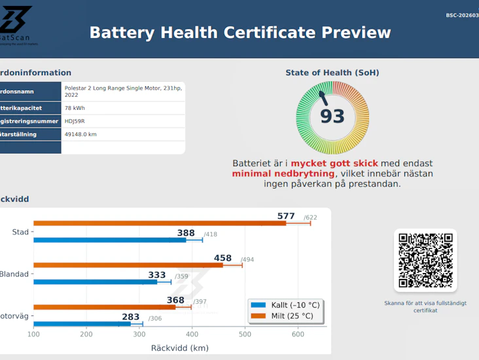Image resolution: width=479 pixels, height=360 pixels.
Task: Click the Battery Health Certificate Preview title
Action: tap(239, 33)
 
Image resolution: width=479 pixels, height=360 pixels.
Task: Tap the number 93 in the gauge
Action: tap(332, 117)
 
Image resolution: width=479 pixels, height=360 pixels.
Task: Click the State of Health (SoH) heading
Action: tap(332, 73)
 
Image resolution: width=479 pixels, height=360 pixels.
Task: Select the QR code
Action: tap(425, 261)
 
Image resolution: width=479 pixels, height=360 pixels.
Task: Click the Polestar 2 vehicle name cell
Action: tap(122, 90)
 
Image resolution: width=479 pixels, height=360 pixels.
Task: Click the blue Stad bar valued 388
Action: tap(109, 240)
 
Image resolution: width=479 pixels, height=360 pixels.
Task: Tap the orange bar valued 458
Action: tap(128, 265)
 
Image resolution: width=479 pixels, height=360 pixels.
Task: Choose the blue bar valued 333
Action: tap(95, 282)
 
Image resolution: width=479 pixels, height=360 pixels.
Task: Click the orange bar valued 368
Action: tap(104, 307)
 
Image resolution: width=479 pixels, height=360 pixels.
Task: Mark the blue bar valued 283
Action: tap(82, 323)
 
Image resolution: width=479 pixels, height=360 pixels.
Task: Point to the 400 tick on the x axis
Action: tap(192, 335)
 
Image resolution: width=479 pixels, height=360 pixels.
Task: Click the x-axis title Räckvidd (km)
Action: tap(179, 348)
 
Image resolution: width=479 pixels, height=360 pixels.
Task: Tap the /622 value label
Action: tap(311, 217)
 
